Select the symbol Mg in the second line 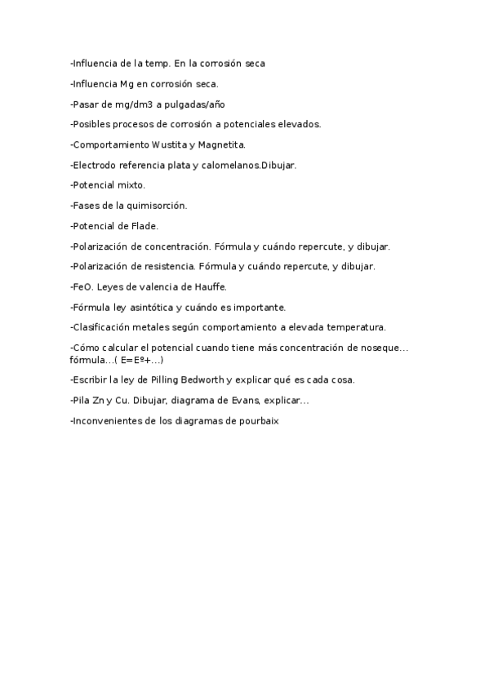tap(125, 83)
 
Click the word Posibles tap(91, 124)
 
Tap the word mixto tap(130, 185)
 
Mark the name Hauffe tap(211, 287)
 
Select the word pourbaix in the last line tap(260, 420)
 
